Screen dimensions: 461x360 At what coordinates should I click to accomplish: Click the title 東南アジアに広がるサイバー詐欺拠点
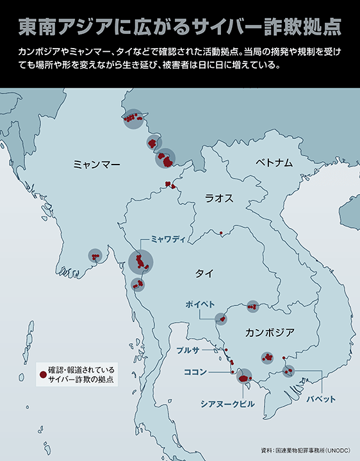coord(179,27)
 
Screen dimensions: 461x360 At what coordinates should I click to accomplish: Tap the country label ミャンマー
coord(97,165)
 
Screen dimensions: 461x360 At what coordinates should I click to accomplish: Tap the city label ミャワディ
coord(168,239)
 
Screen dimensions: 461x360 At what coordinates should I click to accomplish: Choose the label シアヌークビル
coord(227,404)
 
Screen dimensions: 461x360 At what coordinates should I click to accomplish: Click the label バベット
coord(320,399)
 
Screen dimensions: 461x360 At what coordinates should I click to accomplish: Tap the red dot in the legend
coord(42,373)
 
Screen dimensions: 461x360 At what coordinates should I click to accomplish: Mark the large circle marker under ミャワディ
coord(141,261)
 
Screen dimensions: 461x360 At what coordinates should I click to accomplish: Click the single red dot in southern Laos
coord(220,232)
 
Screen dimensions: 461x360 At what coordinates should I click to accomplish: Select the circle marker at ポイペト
coord(221,318)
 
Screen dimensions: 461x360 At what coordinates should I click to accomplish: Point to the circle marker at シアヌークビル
coord(244,376)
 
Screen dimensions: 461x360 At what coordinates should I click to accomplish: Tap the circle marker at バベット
coord(289,370)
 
